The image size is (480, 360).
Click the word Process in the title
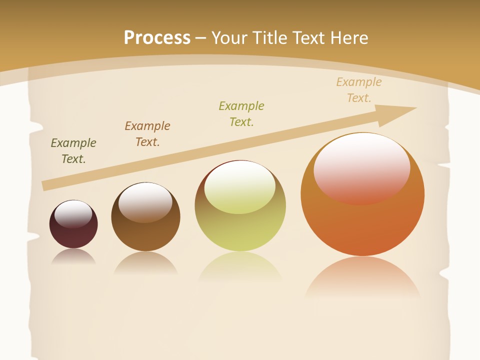pos(157,38)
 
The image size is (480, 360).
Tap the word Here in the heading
pos(349,38)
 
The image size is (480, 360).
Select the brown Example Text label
pos(147,134)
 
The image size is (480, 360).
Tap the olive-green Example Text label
pos(241,114)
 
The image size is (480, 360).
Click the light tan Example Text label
pos(359,90)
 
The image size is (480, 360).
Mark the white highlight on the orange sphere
pos(361,167)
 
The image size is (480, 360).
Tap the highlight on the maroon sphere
pos(73,214)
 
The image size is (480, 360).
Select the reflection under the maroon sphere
pos(73,257)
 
